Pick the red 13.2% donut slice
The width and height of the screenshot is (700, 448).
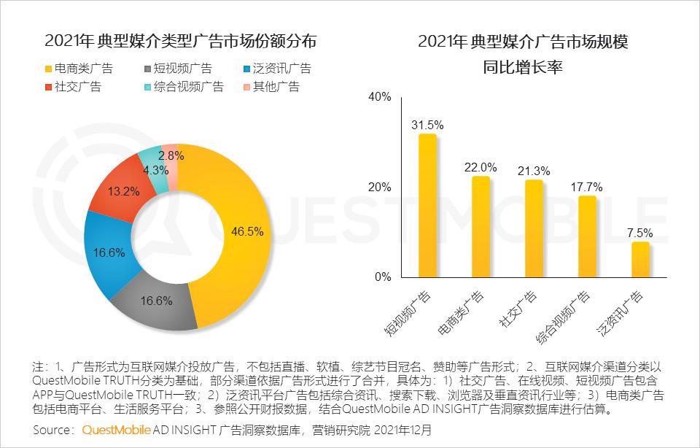click(122, 192)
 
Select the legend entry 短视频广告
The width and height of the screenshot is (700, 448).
click(179, 69)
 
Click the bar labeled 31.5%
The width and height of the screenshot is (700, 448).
click(427, 206)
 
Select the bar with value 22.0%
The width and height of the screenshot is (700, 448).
click(481, 227)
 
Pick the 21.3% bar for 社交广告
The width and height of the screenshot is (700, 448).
click(534, 228)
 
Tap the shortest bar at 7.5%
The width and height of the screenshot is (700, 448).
click(640, 260)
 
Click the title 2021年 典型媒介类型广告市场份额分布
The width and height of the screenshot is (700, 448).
click(181, 42)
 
